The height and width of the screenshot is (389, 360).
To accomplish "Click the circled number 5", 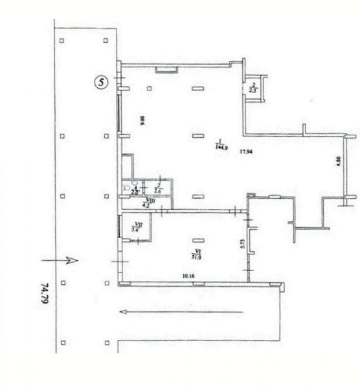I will tap(101, 82).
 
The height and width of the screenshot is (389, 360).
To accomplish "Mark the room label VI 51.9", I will tap(197, 252).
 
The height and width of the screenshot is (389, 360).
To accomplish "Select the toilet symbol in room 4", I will tap(126, 188).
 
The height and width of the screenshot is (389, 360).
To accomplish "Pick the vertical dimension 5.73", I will tap(242, 243).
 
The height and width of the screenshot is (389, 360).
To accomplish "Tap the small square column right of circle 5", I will tap(149, 88).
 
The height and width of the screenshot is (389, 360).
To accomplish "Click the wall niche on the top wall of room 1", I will tap(166, 69).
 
